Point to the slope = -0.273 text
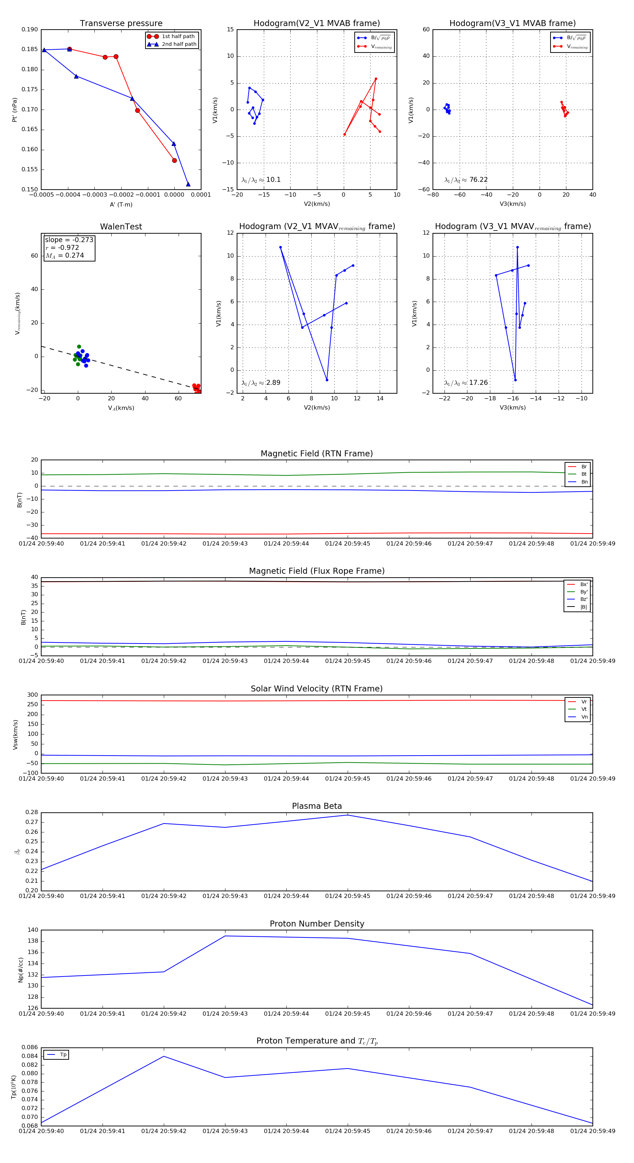point(69,240)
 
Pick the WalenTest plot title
point(121,227)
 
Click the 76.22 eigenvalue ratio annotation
point(478,180)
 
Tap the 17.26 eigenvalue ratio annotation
point(478,383)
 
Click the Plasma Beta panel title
point(317,806)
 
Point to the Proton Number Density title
point(317,924)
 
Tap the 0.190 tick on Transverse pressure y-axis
point(30,30)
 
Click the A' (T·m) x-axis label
point(121,204)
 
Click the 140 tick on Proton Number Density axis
point(33,930)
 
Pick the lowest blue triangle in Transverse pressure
point(188,184)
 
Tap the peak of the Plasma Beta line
point(347,815)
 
